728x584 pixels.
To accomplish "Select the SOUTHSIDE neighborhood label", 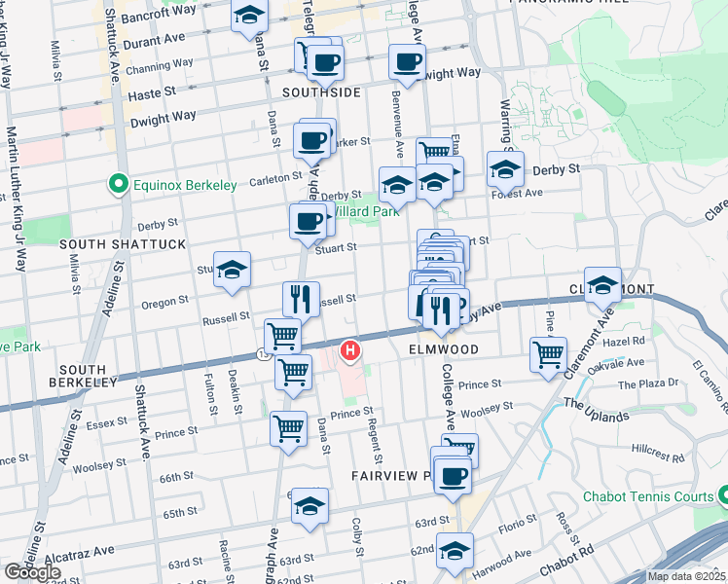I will pos(321,92).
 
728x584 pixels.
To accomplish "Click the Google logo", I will pos(33,572).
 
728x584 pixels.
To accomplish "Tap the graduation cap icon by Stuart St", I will pos(233,270).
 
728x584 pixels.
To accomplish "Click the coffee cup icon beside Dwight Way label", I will pos(407,61).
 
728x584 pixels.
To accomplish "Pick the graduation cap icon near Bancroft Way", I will pos(250,15).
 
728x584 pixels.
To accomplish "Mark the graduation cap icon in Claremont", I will pos(602,284).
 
